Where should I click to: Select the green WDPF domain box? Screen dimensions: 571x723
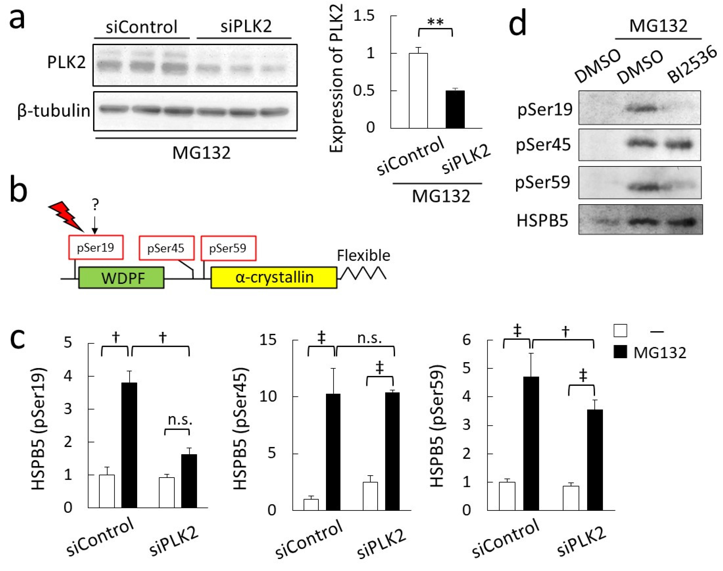point(121,278)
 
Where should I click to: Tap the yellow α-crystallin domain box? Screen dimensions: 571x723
point(274,278)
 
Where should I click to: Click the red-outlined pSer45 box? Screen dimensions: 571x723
point(166,248)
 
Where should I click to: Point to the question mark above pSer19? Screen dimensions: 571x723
point(95,205)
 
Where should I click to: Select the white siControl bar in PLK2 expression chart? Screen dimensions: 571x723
point(418,91)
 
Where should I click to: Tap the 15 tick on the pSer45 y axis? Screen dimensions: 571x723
point(268,340)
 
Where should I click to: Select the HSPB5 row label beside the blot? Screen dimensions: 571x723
point(542,221)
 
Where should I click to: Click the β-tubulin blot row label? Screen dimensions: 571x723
point(53,111)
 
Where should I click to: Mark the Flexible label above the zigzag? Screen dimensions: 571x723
point(363,256)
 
